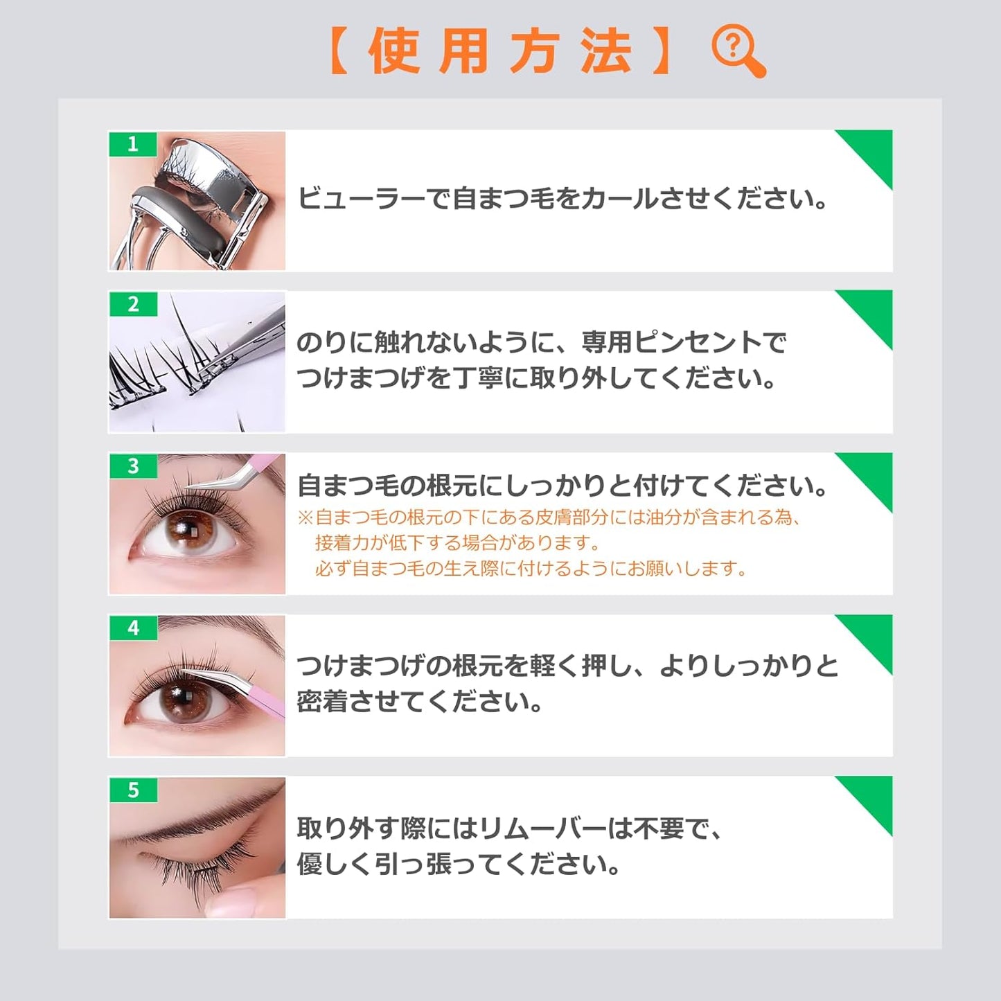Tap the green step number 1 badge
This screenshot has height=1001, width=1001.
133,144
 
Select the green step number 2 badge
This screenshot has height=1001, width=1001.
133,304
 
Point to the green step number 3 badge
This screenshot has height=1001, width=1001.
133,466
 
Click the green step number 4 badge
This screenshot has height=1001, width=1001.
133,628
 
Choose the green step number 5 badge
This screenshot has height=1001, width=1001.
133,790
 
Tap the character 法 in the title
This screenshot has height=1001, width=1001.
605,53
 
